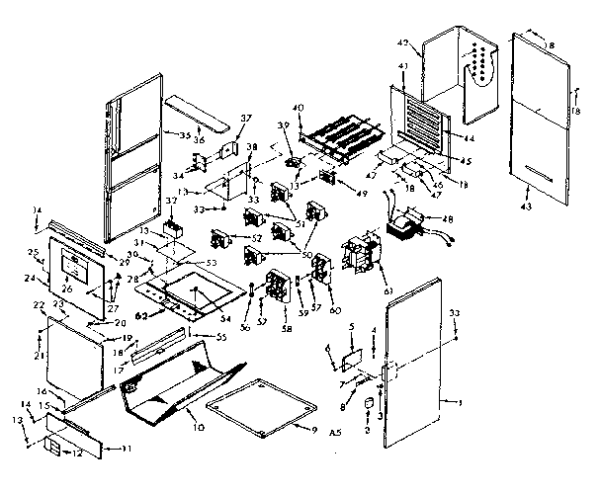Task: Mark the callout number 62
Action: [x=141, y=314]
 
